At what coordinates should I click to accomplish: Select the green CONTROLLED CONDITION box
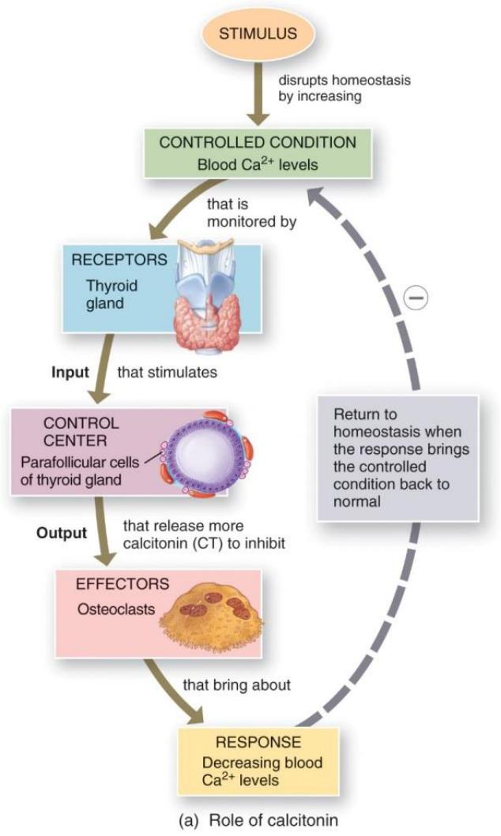tap(258, 153)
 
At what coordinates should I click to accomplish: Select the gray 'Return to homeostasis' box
tap(398, 457)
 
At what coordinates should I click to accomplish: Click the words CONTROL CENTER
tap(86, 431)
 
